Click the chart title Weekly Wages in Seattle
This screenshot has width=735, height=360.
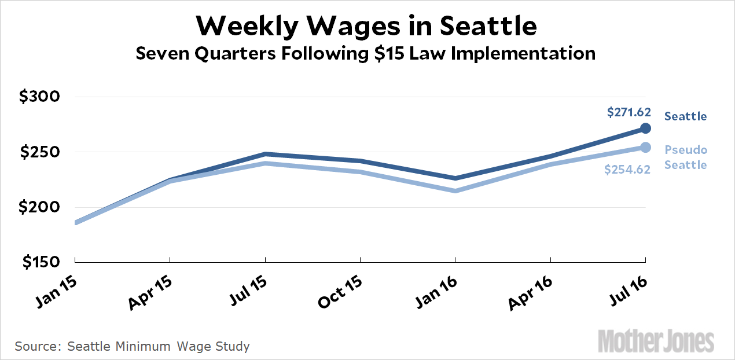tap(367, 25)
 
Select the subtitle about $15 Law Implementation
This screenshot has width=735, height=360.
tap(365, 54)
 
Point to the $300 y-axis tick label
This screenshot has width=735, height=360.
tap(40, 97)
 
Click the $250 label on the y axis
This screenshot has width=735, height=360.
tap(40, 152)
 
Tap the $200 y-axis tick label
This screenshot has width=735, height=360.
tap(40, 207)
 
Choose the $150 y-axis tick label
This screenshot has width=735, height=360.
tap(40, 262)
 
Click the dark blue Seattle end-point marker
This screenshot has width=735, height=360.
tap(646, 128)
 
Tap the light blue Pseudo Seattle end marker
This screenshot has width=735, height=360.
tap(646, 148)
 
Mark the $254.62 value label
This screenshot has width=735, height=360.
tap(627, 170)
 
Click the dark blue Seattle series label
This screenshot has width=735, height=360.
tap(685, 116)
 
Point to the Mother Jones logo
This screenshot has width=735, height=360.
tap(656, 341)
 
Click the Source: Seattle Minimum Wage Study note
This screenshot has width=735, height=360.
tap(133, 347)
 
